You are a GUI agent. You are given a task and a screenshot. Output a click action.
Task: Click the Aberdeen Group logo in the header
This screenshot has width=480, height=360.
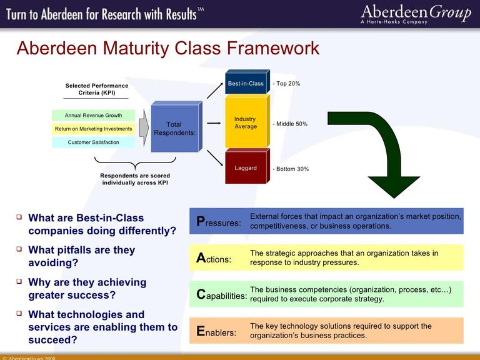click(x=416, y=14)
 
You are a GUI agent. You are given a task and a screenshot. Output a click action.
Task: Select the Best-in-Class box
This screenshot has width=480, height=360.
click(x=246, y=83)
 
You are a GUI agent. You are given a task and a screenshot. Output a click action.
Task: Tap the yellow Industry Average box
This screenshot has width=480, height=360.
click(x=246, y=122)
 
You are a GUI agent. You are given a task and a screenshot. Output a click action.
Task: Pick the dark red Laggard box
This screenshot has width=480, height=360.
click(x=246, y=167)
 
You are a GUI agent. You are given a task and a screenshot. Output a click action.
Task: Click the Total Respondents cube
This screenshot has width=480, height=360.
click(x=174, y=129)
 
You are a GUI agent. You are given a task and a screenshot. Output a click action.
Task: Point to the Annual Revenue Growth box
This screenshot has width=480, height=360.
click(x=94, y=116)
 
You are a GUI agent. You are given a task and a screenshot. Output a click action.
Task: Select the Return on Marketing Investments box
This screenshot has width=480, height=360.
click(x=94, y=129)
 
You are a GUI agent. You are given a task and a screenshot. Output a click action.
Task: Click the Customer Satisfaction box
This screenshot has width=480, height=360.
click(x=94, y=142)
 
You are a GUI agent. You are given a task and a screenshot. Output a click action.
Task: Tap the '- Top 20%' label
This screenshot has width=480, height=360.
click(x=288, y=83)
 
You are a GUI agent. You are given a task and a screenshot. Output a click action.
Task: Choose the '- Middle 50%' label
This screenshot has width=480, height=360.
click(x=290, y=124)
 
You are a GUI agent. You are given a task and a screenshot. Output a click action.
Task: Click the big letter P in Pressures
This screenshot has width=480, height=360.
click(x=201, y=221)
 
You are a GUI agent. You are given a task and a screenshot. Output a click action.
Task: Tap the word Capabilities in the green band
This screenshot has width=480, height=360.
click(x=221, y=295)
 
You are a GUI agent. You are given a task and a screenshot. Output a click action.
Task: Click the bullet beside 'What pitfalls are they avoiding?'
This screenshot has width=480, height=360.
click(x=19, y=248)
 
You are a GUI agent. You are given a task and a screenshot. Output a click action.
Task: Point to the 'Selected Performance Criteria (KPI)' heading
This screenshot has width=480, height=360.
click(x=97, y=89)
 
